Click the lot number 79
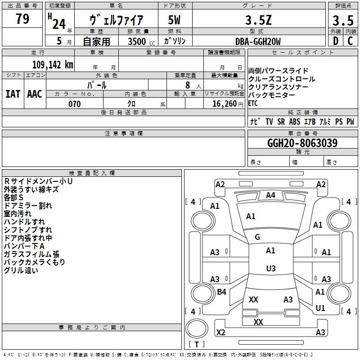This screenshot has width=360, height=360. [x=22, y=19]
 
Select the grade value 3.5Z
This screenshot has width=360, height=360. [x=258, y=21]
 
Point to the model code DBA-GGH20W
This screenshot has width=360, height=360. [x=258, y=41]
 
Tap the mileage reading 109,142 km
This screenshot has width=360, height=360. [x=53, y=64]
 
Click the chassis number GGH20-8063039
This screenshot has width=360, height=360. [x=302, y=143]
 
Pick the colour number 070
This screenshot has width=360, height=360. [x=74, y=104]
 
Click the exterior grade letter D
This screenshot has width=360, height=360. [x=335, y=41]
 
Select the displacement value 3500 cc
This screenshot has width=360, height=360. [x=139, y=41]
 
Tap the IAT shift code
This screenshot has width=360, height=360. [x=13, y=94]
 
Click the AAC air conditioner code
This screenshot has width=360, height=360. [x=35, y=94]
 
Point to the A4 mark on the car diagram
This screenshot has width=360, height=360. [x=270, y=195]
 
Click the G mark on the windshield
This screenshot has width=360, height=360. [x=257, y=237]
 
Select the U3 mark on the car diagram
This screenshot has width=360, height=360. [x=270, y=269]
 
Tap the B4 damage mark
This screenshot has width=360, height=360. [x=221, y=292]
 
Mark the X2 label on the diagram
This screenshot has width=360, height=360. [x=220, y=333]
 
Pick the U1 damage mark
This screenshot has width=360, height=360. [x=320, y=308]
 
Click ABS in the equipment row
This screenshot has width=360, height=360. [x=294, y=121]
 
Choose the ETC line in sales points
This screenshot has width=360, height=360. [x=253, y=103]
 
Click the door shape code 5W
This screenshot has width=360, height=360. [x=174, y=21]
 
